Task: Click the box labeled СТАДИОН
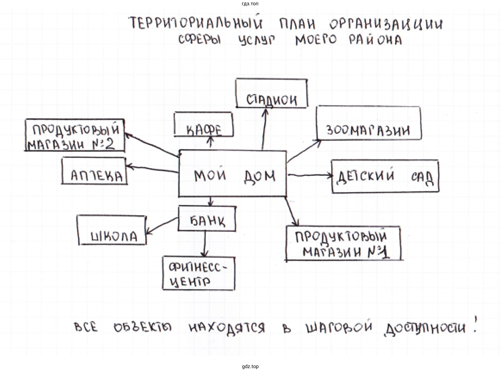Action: [x=272, y=93]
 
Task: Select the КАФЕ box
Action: [x=204, y=124]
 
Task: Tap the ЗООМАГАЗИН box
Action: [x=368, y=123]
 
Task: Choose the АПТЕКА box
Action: [x=94, y=171]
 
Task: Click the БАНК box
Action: [x=207, y=219]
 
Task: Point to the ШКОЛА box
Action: [x=112, y=230]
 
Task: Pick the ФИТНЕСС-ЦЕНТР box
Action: [x=199, y=274]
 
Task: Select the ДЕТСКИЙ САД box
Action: [x=385, y=176]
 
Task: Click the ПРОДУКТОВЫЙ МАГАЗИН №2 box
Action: [x=75, y=136]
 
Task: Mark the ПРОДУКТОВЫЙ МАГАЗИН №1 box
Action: [x=343, y=243]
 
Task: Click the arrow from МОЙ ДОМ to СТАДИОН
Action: [x=263, y=129]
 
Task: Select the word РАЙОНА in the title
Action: [x=376, y=40]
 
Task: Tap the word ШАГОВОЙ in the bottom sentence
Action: [x=339, y=327]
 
